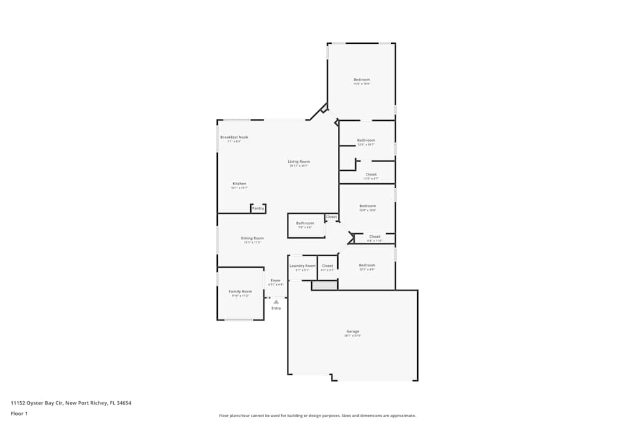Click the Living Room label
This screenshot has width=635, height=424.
pyautogui.click(x=298, y=161)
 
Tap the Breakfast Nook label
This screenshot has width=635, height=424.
pyautogui.click(x=234, y=137)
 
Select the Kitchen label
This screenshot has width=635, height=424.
pyautogui.click(x=239, y=184)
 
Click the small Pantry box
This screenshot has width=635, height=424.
pyautogui.click(x=258, y=209)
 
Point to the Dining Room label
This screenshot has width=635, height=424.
pyautogui.click(x=252, y=238)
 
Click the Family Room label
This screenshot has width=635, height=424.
pyautogui.click(x=240, y=291)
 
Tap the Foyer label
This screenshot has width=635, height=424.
pyautogui.click(x=276, y=280)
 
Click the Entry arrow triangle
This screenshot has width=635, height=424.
pyautogui.click(x=276, y=302)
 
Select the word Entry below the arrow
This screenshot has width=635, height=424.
pyautogui.click(x=276, y=308)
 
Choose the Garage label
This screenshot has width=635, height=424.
pyautogui.click(x=352, y=331)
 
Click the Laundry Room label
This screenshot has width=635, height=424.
pyautogui.click(x=302, y=266)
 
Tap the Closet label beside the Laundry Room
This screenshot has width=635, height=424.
pyautogui.click(x=328, y=266)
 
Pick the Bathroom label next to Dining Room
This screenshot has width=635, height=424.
pyautogui.click(x=305, y=223)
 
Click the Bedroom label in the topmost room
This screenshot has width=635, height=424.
pyautogui.click(x=361, y=79)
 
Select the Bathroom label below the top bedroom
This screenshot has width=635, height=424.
pyautogui.click(x=366, y=140)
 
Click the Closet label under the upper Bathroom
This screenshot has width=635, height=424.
pyautogui.click(x=371, y=174)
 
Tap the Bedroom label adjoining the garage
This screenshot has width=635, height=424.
pyautogui.click(x=367, y=265)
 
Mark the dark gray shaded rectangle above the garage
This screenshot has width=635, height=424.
pyautogui.click(x=324, y=286)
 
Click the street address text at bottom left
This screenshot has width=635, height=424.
pyautogui.click(x=70, y=402)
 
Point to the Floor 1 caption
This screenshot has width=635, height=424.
pyautogui.click(x=19, y=413)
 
